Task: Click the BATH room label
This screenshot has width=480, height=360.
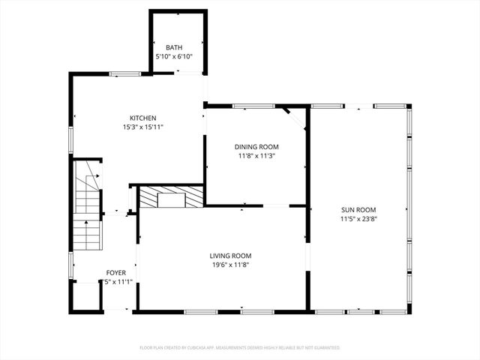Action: point(174,47)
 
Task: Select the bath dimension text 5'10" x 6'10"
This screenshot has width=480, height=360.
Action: point(174,56)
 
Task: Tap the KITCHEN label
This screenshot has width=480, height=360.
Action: point(142,118)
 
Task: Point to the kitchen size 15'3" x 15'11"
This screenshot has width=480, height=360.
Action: point(142,127)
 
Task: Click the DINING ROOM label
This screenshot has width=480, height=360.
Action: point(256,147)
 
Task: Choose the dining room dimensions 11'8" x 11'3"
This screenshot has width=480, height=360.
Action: point(256,156)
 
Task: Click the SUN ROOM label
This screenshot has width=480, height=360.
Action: point(358,210)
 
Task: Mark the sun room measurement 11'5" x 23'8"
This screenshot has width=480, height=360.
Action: point(358,219)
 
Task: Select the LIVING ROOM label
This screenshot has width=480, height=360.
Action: point(230,256)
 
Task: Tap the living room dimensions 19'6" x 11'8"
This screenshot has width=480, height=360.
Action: point(230,265)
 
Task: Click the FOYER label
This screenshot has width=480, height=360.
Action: point(115,273)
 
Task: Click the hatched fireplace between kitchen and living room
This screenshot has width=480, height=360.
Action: point(171,197)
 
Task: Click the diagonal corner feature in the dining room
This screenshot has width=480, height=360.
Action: point(295,118)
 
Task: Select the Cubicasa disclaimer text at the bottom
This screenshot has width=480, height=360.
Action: point(240,347)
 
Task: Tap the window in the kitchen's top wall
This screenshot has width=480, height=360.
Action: point(125,73)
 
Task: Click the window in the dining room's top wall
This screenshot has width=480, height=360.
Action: point(253,106)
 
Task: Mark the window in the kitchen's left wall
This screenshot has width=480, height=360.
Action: point(71,139)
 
